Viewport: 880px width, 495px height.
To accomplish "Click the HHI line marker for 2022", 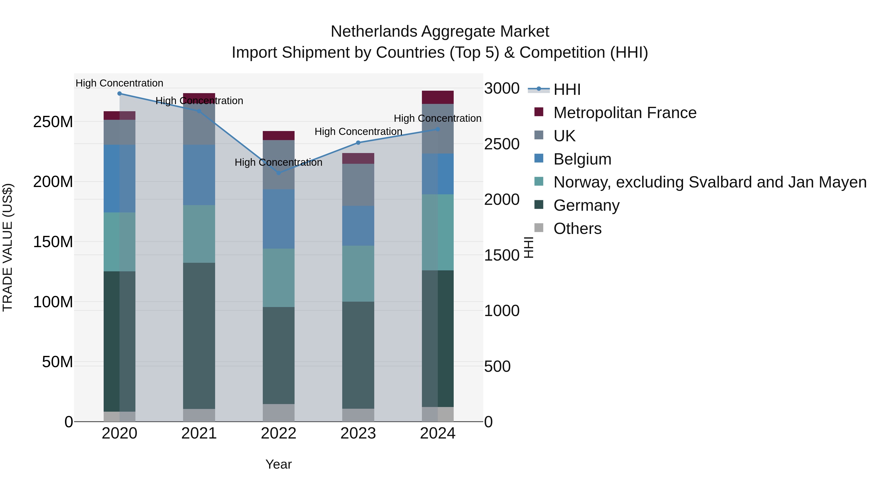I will [278, 173].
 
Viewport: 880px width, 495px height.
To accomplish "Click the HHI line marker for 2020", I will [120, 94].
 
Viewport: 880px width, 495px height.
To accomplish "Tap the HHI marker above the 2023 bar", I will [358, 143].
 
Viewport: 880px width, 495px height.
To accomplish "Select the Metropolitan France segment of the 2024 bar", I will [438, 97].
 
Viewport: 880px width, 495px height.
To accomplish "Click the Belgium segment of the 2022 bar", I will [278, 219].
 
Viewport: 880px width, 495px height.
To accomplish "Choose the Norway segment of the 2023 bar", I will [358, 273].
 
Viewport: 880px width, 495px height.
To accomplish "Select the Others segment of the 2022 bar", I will [278, 413].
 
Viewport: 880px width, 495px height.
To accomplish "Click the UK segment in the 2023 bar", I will [358, 185].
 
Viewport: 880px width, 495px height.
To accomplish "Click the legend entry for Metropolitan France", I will [625, 113].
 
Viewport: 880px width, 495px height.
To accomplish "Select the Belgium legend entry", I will [582, 159].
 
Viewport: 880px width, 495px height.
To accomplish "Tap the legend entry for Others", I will [577, 229].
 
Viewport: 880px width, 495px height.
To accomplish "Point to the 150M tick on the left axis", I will [53, 242].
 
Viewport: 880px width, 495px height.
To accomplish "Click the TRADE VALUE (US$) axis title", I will [8, 247].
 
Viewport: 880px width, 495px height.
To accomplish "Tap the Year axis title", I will [278, 464].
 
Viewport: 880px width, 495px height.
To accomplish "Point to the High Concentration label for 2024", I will [437, 118].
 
